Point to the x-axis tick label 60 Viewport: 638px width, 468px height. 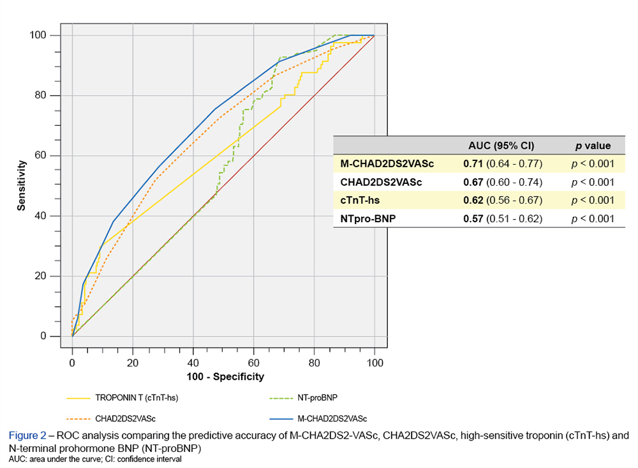tap(254, 362)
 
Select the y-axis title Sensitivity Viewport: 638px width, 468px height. tap(22, 186)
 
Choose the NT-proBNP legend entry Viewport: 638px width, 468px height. tap(317, 398)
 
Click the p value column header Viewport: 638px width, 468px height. tap(593, 146)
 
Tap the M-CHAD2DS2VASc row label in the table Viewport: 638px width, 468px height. tap(387, 163)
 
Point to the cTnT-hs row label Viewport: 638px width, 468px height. tap(361, 200)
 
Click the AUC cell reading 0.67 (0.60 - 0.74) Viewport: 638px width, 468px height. tap(503, 182)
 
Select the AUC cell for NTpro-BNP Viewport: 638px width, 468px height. tap(503, 219)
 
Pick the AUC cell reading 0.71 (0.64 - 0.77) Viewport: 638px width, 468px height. tap(503, 163)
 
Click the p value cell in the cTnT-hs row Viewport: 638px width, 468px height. tap(593, 200)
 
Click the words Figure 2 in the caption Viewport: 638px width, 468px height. tap(27, 435)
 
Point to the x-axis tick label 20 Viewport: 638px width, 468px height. tap(133, 362)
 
